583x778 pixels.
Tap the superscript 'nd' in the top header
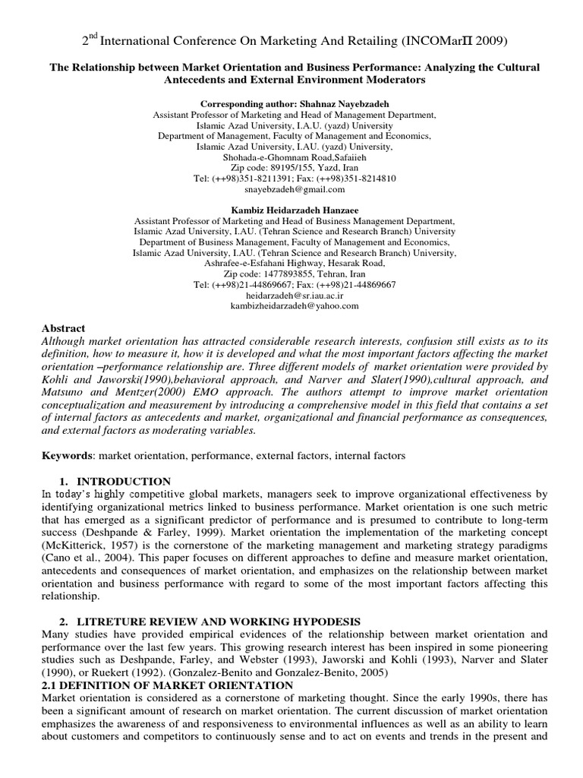tap(94, 34)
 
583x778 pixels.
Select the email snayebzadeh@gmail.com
tap(294, 189)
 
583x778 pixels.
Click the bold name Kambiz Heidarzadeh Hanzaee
tap(294, 210)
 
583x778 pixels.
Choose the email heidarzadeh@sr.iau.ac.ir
tap(294, 295)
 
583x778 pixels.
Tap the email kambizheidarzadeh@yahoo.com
tap(294, 305)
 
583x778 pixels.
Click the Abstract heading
tap(63, 327)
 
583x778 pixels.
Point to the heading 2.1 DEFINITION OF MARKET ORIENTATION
tap(167, 685)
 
